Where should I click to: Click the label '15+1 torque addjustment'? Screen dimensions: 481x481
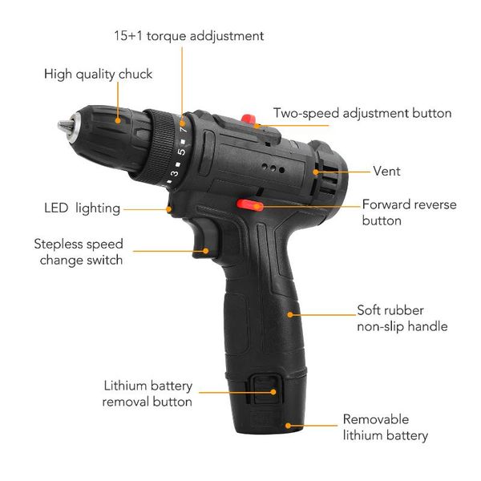[x=188, y=36]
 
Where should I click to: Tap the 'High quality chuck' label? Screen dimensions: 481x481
[x=98, y=75]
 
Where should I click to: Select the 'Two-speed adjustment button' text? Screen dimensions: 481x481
[x=362, y=113]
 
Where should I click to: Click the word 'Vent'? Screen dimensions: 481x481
[x=386, y=171]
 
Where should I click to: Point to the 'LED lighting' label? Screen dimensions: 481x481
[x=82, y=208]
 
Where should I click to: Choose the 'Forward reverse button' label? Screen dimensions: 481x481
[x=409, y=212]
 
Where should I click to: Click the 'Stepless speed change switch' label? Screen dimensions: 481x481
[x=79, y=252]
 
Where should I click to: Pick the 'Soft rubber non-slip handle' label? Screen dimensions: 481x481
[x=402, y=318]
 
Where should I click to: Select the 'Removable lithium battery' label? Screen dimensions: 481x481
[x=385, y=427]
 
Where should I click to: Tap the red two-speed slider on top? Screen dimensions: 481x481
[x=249, y=120]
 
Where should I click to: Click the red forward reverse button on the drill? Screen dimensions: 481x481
[x=247, y=205]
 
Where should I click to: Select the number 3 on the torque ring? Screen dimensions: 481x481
[x=174, y=172]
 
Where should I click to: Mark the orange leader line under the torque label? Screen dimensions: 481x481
[x=182, y=80]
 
